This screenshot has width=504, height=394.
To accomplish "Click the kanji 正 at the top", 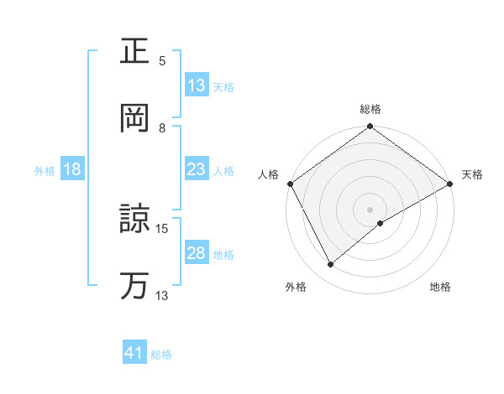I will point(135,52).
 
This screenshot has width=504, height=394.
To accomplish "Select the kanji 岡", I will point(135,119).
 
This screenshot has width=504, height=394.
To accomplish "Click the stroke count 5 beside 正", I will point(163,60).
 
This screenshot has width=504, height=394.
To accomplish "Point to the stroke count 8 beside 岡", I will point(163,127).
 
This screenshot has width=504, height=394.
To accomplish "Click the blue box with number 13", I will point(197,86).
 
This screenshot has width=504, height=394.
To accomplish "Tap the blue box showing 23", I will point(197,169).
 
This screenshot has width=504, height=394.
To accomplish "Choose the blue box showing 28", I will point(197,253).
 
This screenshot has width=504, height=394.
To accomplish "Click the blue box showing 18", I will point(72,169).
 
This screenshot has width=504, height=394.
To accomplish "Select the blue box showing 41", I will point(134,354).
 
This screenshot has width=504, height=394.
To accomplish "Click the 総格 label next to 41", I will point(161,355).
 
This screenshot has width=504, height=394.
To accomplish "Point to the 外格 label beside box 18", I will point(45,170).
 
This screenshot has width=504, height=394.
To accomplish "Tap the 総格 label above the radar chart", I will point(370,109).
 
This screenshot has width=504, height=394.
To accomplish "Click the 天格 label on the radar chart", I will point(473,174).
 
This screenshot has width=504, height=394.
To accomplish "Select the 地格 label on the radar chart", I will point(440,287).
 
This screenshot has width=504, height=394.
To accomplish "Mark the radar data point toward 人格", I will point(290,184).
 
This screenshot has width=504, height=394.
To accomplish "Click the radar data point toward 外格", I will point(331,264).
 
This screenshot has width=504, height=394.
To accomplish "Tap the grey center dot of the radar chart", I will point(370,209).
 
